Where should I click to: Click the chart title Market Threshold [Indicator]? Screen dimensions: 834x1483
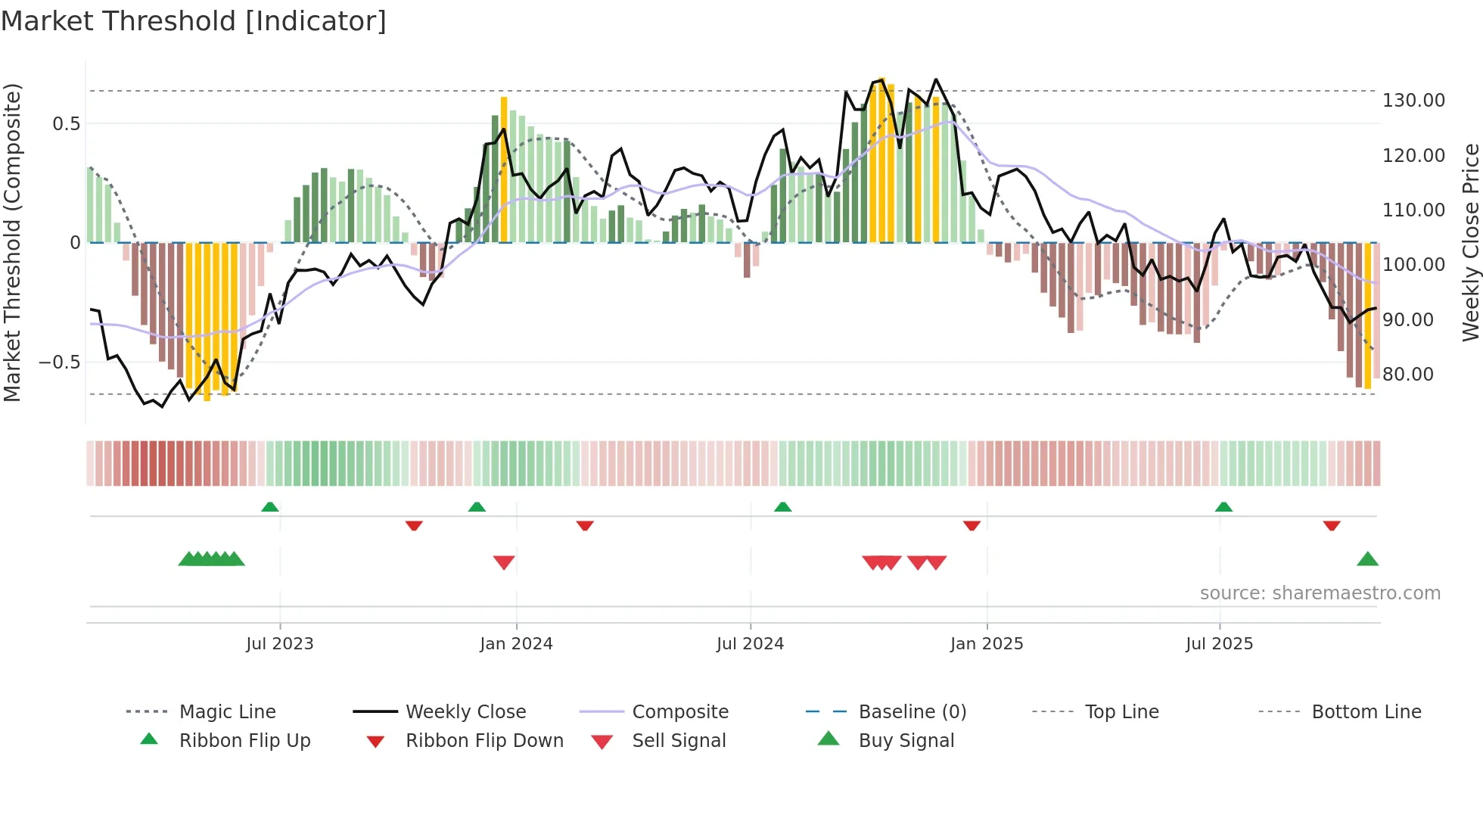[x=194, y=21]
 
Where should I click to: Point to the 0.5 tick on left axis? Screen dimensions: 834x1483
[x=66, y=124]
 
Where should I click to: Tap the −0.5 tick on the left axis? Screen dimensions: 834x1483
[x=59, y=363]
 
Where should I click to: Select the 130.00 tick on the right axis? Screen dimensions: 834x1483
[x=1413, y=101]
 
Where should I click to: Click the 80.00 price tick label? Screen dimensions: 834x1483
[x=1407, y=375]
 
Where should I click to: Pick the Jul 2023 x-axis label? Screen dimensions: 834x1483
[x=279, y=644]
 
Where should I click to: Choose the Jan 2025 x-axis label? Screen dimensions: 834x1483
[x=986, y=644]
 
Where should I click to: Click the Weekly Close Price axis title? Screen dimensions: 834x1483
[x=1470, y=242]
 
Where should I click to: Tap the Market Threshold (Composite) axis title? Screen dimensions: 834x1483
[x=12, y=242]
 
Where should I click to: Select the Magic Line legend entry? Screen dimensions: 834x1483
[x=227, y=712]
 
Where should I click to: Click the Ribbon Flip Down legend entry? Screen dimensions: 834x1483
[x=484, y=741]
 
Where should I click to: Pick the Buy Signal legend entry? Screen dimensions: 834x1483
[x=906, y=741]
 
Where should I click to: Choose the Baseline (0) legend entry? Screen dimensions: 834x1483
[x=912, y=712]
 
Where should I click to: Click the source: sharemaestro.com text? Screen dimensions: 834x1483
[x=1320, y=593]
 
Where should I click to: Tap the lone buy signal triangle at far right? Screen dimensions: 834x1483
[x=1367, y=560]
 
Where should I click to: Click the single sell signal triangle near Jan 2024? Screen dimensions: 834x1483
[x=504, y=562]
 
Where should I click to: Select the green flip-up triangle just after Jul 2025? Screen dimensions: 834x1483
[x=1223, y=507]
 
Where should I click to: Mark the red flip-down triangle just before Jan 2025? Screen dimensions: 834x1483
[x=972, y=525]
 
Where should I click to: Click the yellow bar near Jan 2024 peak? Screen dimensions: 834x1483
[x=504, y=170]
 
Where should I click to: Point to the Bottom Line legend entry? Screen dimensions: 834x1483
[x=1366, y=712]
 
